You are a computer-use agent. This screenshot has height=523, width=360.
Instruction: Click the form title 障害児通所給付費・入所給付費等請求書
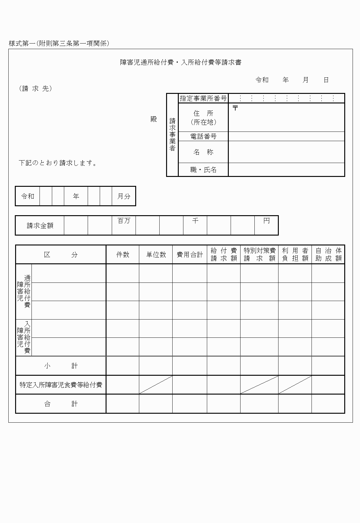pyautogui.click(x=181, y=62)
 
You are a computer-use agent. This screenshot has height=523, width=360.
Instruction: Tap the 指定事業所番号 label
pyautogui.click(x=203, y=98)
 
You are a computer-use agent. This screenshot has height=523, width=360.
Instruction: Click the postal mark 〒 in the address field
pyautogui.click(x=235, y=108)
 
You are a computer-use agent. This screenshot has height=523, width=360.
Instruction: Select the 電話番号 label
pyautogui.click(x=203, y=136)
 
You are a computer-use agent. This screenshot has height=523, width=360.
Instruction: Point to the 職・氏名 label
pyautogui.click(x=203, y=170)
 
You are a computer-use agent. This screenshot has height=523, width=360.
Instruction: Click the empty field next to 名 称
pyautogui.click(x=286, y=152)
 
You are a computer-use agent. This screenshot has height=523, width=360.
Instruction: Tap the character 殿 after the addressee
pyautogui.click(x=154, y=119)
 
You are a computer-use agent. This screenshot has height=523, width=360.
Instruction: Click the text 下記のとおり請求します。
pyautogui.click(x=58, y=163)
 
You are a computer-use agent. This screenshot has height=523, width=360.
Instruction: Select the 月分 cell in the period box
pyautogui.click(x=124, y=196)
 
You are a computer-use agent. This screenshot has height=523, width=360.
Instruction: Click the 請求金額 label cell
pyautogui.click(x=40, y=226)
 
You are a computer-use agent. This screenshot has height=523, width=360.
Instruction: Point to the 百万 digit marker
pyautogui.click(x=124, y=221)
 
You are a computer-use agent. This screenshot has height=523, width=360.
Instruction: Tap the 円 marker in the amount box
pyautogui.click(x=266, y=221)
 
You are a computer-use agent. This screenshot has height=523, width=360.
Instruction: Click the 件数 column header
pyautogui.click(x=123, y=255)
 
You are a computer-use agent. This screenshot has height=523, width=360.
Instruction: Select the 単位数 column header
pyautogui.click(x=156, y=255)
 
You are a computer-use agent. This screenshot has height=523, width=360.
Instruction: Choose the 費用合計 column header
pyautogui.click(x=190, y=255)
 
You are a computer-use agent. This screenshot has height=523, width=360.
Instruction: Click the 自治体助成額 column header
pyautogui.click(x=328, y=255)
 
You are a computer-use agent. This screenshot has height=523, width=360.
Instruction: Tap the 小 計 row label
pyautogui.click(x=61, y=366)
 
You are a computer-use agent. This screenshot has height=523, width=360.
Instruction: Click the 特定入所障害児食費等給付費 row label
pyautogui.click(x=61, y=385)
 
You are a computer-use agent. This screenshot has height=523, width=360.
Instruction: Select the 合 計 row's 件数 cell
pyautogui.click(x=123, y=404)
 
